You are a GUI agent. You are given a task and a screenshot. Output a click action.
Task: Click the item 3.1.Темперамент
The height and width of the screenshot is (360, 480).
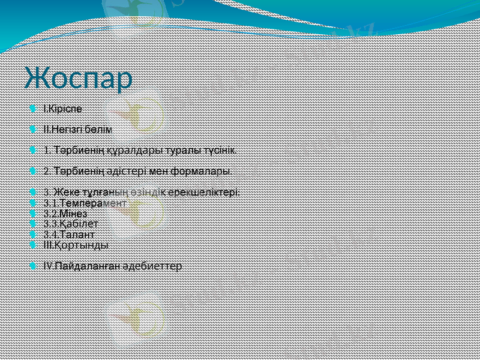[x=85, y=203]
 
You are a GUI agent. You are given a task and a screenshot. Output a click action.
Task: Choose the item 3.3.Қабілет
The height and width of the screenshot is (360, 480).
[x=71, y=224]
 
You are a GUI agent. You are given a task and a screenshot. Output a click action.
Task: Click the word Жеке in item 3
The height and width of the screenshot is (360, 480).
[x=64, y=192]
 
